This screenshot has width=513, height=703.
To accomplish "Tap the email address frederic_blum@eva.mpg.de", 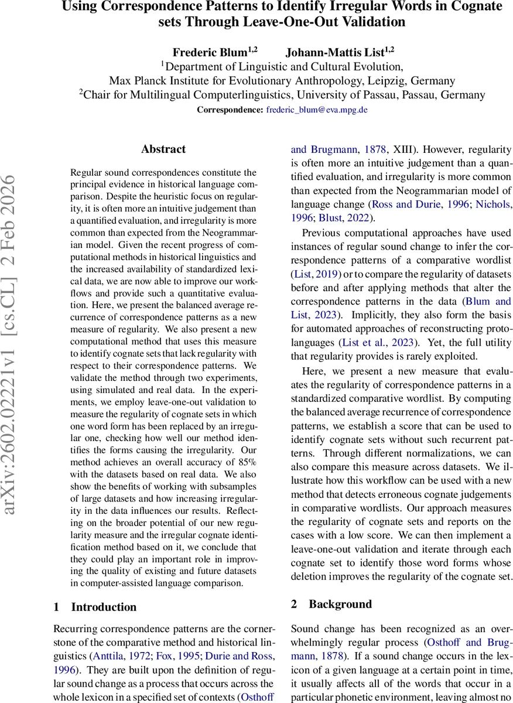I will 317,110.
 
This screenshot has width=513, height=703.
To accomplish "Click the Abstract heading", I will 163,149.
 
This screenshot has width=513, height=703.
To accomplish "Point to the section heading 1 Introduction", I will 95,607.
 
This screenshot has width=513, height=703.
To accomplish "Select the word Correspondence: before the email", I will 230,110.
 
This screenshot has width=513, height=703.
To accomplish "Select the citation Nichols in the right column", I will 493,204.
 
